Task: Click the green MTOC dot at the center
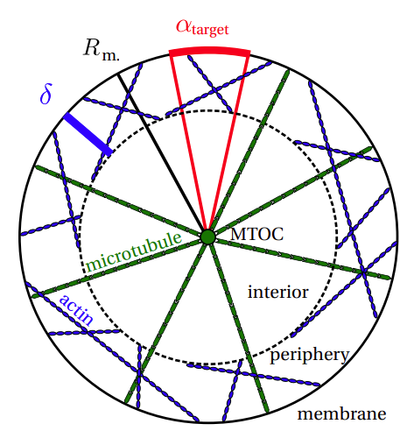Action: tap(208, 237)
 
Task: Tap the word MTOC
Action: tap(256, 234)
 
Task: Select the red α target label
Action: tap(202, 28)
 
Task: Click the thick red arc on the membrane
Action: tap(209, 52)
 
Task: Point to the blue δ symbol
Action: tap(46, 94)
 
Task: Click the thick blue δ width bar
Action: tap(88, 134)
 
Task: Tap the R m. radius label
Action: tap(102, 50)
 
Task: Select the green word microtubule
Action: tap(134, 251)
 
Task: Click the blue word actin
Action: tap(77, 310)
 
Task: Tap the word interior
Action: tap(277, 292)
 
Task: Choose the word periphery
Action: tap(310, 355)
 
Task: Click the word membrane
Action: tap(341, 413)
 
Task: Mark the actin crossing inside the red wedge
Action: tap(215, 89)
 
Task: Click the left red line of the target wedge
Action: tap(189, 143)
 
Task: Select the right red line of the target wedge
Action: tap(228, 143)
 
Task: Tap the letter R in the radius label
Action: tap(92, 47)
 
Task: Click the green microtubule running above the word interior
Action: tap(299, 258)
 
